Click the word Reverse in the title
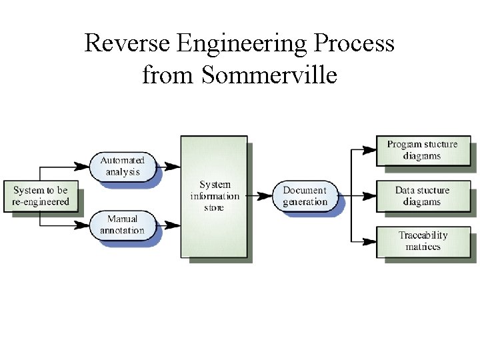pyautogui.click(x=127, y=43)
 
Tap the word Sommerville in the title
pyautogui.click(x=269, y=75)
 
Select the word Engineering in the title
pyautogui.click(x=242, y=45)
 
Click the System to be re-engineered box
pyautogui.click(x=41, y=196)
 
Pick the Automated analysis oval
pyautogui.click(x=123, y=167)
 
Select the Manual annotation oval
pyautogui.click(x=123, y=225)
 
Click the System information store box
pyautogui.click(x=214, y=197)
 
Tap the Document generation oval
pyautogui.click(x=305, y=196)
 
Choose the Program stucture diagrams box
pyautogui.click(x=423, y=151)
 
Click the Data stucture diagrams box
pyautogui.click(x=423, y=196)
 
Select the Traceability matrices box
pyautogui.click(x=423, y=242)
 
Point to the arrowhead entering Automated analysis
pyautogui.click(x=82, y=167)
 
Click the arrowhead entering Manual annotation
pyautogui.click(x=82, y=225)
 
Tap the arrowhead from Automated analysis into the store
pyautogui.click(x=173, y=167)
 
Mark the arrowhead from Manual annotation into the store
pyautogui.click(x=173, y=225)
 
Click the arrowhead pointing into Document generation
pyautogui.click(x=265, y=196)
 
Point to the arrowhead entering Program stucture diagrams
pyautogui.click(x=369, y=150)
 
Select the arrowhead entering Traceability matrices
pyautogui.click(x=369, y=242)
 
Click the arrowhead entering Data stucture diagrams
pyautogui.click(x=369, y=196)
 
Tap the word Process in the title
pyautogui.click(x=354, y=43)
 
